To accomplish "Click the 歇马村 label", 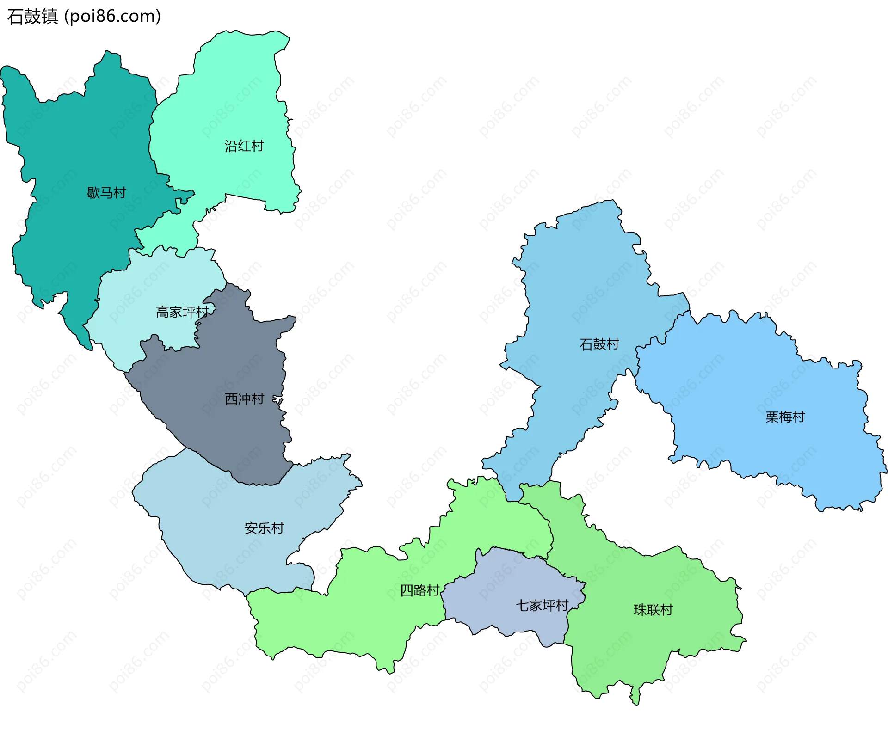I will click(x=106, y=193).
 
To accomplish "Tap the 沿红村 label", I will click(x=244, y=146).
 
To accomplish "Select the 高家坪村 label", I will click(x=182, y=312).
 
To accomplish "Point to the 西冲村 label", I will click(x=244, y=399).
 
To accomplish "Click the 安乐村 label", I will click(x=264, y=528).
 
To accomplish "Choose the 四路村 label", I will click(x=419, y=590).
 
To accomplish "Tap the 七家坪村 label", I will click(x=542, y=605).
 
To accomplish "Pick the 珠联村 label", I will click(x=653, y=610).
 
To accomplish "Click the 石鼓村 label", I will click(x=599, y=344).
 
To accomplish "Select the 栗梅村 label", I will click(x=785, y=417).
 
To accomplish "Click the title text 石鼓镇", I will click(x=32, y=16).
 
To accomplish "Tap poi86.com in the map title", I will click(x=112, y=16).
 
